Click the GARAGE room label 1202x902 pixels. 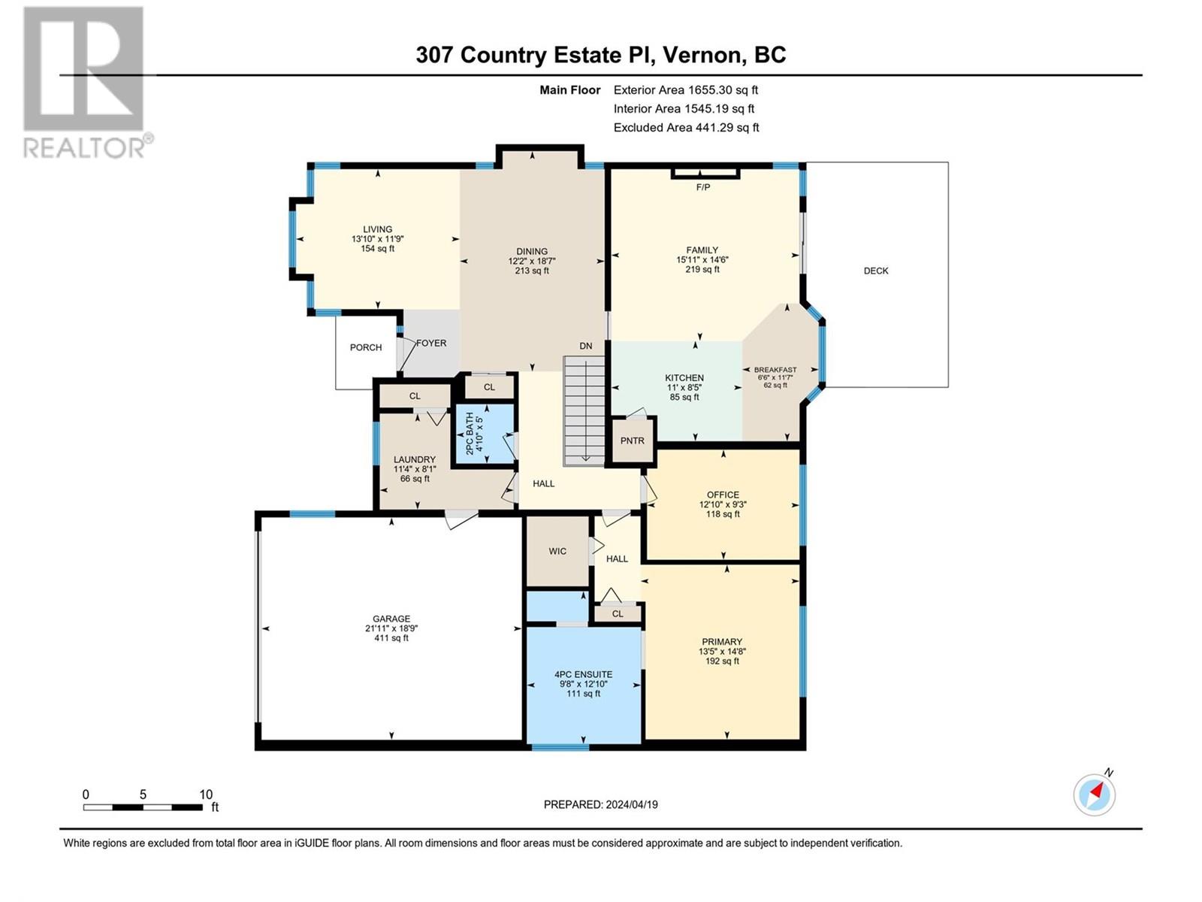[x=391, y=619]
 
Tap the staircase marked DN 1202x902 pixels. [x=584, y=410]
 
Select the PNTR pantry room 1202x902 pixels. [x=632, y=441]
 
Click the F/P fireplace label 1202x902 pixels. [x=703, y=187]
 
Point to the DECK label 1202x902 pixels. [x=876, y=271]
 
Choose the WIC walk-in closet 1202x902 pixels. [x=557, y=551]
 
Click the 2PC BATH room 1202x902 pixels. [x=485, y=434]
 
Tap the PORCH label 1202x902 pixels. [x=366, y=347]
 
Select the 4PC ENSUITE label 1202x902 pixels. [x=584, y=674]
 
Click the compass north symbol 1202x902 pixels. [x=1095, y=794]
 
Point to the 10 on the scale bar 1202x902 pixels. [x=206, y=795]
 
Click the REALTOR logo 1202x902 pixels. [x=84, y=83]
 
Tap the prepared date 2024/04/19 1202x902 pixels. [x=631, y=804]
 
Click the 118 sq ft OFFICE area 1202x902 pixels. [x=723, y=514]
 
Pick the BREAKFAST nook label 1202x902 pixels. [x=775, y=370]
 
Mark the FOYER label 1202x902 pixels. [x=431, y=343]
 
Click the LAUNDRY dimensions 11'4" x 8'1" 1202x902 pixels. [x=415, y=469]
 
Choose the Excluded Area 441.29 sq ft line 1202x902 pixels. [x=686, y=128]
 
